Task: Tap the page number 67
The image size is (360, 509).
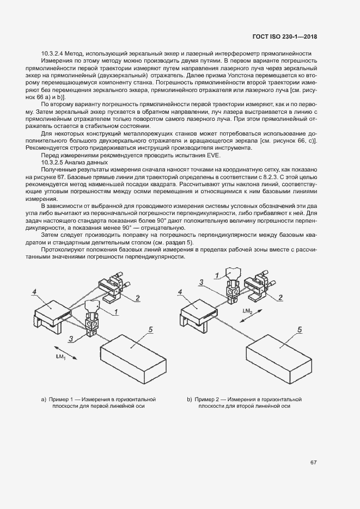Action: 314,463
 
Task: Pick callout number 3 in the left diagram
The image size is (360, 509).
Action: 71,339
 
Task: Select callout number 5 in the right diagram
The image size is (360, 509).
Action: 299,330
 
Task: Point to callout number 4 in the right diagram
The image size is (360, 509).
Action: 180,292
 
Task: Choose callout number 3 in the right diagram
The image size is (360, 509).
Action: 202,282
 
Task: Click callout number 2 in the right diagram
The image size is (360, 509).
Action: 280,297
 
